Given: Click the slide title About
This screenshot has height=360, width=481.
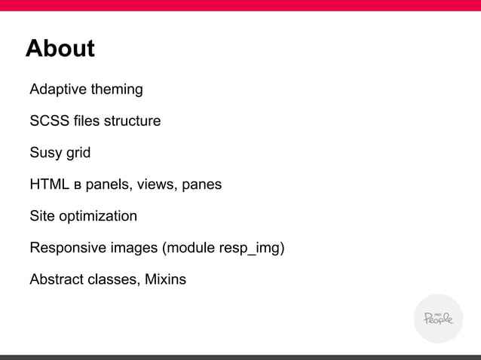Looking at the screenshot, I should coord(60,49).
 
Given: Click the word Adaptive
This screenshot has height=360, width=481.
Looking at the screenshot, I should coord(57,90).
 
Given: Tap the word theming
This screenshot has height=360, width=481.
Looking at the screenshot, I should coord(116,90).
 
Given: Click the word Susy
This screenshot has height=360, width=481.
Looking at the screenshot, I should coord(46,153).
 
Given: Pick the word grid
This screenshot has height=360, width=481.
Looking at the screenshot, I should coord(78,153).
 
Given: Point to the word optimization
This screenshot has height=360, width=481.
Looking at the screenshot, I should coord(98,217).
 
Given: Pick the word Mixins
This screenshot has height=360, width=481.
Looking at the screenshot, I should coord(162,280).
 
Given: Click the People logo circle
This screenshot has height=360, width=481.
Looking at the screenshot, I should coord(438,318).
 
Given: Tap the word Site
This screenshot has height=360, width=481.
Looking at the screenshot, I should coord(42,216).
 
